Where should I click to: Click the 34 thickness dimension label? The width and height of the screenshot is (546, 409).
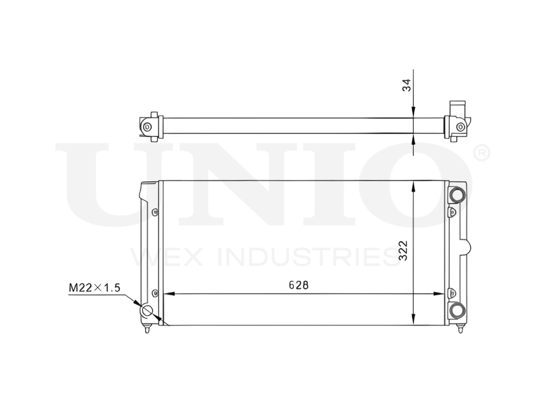pyautogui.click(x=407, y=85)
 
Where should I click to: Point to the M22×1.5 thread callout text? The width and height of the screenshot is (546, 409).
pyautogui.click(x=94, y=287)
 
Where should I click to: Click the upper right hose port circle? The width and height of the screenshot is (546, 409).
pyautogui.click(x=456, y=194)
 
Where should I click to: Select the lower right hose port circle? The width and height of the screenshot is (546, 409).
pyautogui.click(x=456, y=310)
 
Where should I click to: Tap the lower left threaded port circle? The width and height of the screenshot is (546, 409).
pyautogui.click(x=147, y=311)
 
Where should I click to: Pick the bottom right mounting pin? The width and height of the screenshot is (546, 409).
pyautogui.click(x=460, y=329)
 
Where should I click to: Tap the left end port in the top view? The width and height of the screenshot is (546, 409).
pyautogui.click(x=147, y=127)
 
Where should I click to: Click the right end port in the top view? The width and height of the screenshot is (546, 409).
pyautogui.click(x=460, y=127)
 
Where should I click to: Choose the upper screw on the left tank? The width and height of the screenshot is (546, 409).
pyautogui.click(x=155, y=212)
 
